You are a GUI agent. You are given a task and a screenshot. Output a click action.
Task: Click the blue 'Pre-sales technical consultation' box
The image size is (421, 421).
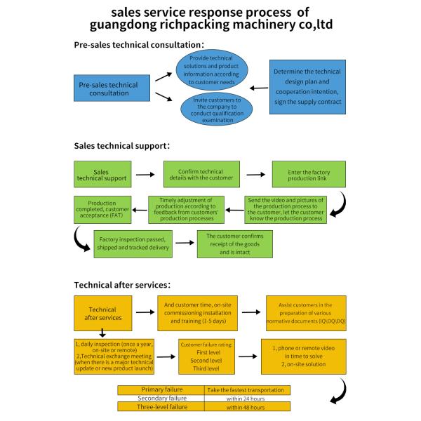point(108,88)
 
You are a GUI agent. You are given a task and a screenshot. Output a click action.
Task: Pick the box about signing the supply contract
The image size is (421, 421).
point(307,88)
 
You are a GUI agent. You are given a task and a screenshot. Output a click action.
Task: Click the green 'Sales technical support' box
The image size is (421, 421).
point(101,175)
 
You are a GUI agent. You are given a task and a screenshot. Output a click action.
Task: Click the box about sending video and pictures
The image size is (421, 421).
point(286,210)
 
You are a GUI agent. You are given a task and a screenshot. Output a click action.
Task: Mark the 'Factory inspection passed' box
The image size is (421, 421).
point(133,242)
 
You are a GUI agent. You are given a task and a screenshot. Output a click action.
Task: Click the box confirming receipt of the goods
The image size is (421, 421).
point(234,242)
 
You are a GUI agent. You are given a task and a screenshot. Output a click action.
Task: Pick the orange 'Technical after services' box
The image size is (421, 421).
point(102,314)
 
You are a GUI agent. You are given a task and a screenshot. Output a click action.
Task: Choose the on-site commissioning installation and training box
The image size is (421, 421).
point(201,314)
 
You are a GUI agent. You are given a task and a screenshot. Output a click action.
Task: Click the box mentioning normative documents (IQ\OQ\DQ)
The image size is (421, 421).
point(305,314)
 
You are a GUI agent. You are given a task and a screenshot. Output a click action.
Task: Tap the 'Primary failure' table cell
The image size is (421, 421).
point(161,389)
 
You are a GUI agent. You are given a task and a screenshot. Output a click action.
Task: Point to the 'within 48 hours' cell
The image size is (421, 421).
point(246,406)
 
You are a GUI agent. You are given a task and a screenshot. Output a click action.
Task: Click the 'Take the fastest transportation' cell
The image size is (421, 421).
point(246,389)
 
